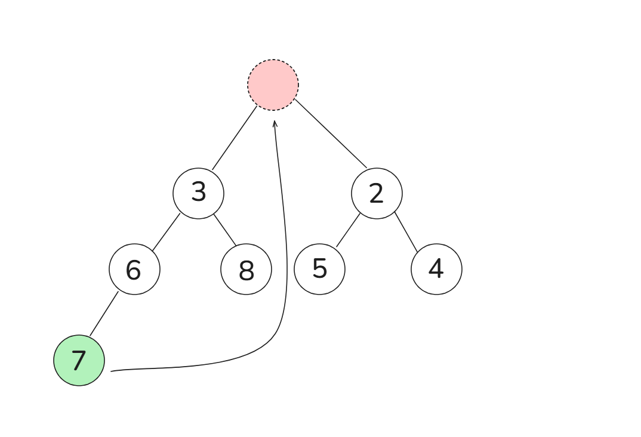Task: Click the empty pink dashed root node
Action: tap(273, 85)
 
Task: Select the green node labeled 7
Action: tap(79, 361)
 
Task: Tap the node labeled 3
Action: tap(198, 193)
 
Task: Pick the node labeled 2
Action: tap(377, 193)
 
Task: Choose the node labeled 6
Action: tap(134, 269)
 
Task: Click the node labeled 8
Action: tap(246, 269)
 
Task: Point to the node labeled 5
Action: tap(319, 269)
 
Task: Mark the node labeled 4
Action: tap(436, 269)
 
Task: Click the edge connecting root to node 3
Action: tap(235, 138)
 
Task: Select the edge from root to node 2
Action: tap(331, 134)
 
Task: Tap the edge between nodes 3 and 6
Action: tap(166, 232)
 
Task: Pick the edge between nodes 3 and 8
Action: tap(225, 230)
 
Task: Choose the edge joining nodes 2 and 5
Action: tap(348, 230)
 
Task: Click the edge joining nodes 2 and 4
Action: tap(406, 232)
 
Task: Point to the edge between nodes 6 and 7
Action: tap(104, 314)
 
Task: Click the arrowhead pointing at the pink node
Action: tap(275, 123)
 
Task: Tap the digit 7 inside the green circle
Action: tap(78, 361)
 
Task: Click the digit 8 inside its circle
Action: tap(246, 271)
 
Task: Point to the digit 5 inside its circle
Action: tap(319, 268)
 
